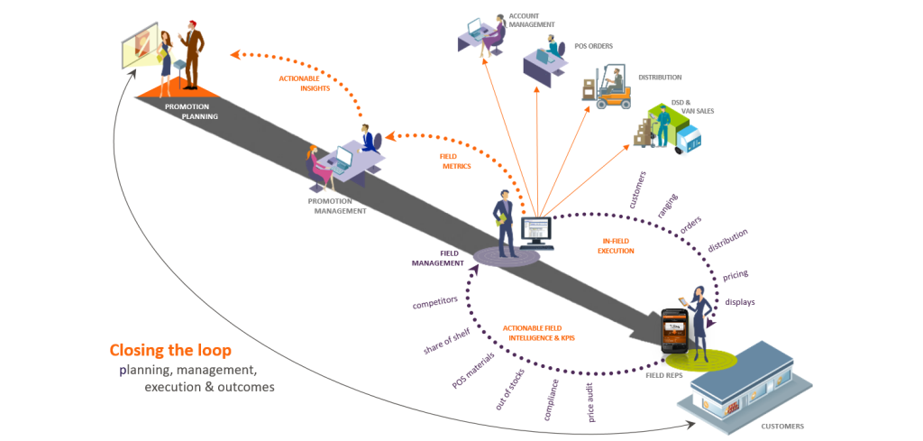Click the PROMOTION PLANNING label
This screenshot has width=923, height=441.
(x=191, y=111)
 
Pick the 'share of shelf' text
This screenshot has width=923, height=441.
(x=447, y=335)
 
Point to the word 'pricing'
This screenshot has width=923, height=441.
(x=736, y=273)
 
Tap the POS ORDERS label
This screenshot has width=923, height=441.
(x=595, y=45)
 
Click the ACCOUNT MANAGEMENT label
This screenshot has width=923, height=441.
(x=533, y=21)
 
